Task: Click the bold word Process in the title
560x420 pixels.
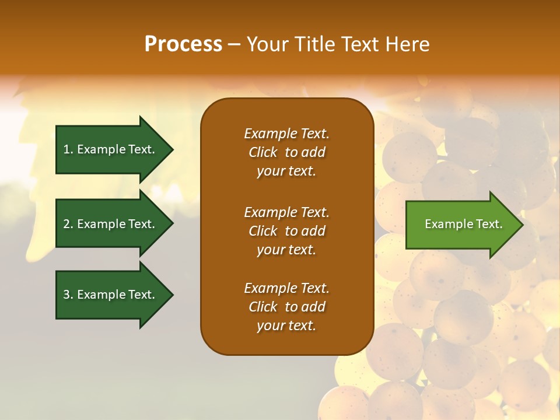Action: coord(183,44)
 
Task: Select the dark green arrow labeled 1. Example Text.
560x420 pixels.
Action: coord(111,149)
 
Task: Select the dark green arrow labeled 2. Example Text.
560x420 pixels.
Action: coord(111,224)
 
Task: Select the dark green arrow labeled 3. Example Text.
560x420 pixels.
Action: coord(111,295)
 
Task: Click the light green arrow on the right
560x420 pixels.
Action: coord(461,225)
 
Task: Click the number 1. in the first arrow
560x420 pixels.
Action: coord(68,149)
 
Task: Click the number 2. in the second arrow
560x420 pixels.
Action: coord(68,224)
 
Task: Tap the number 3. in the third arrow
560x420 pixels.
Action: coord(68,295)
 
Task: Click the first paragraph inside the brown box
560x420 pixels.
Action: coord(286,152)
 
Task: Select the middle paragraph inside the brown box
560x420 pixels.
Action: coord(286,231)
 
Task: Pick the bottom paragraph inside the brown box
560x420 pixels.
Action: coord(286,307)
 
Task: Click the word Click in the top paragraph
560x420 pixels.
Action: coord(262,152)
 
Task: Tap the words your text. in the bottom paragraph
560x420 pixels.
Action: coord(286,326)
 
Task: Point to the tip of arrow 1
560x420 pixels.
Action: coord(172,149)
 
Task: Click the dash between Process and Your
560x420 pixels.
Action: coord(235,44)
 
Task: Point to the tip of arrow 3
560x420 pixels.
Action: coord(172,295)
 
